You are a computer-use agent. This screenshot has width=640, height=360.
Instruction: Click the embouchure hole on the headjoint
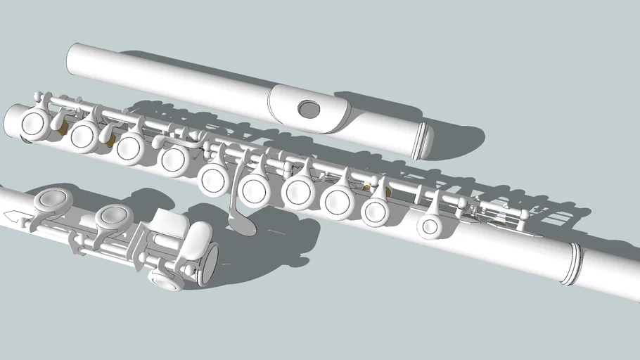(308, 108)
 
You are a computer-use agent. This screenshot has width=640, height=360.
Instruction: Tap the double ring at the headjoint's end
(423, 139)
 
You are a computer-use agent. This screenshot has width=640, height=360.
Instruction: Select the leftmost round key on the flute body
(32, 124)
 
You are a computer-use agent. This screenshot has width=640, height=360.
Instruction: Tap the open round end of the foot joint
(209, 264)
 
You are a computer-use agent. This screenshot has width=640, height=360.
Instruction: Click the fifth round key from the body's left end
(211, 178)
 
